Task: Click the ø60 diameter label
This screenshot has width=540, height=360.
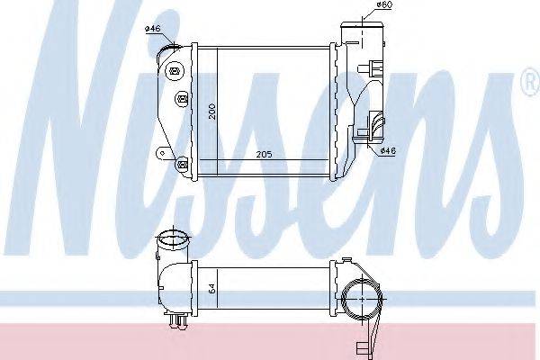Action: tap(383, 4)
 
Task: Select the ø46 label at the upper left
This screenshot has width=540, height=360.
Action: tap(153, 28)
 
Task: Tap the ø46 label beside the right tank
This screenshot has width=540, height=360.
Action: tap(389, 150)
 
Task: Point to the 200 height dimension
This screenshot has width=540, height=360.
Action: tap(212, 112)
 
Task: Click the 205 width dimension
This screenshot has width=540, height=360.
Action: tap(264, 154)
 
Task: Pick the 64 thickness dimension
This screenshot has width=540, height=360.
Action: tap(212, 289)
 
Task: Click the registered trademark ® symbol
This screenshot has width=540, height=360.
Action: tap(533, 82)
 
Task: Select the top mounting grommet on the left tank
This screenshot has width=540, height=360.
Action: tap(175, 72)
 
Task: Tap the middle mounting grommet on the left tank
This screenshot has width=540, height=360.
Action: tap(183, 99)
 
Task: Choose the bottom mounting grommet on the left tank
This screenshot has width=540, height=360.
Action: tap(182, 163)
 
